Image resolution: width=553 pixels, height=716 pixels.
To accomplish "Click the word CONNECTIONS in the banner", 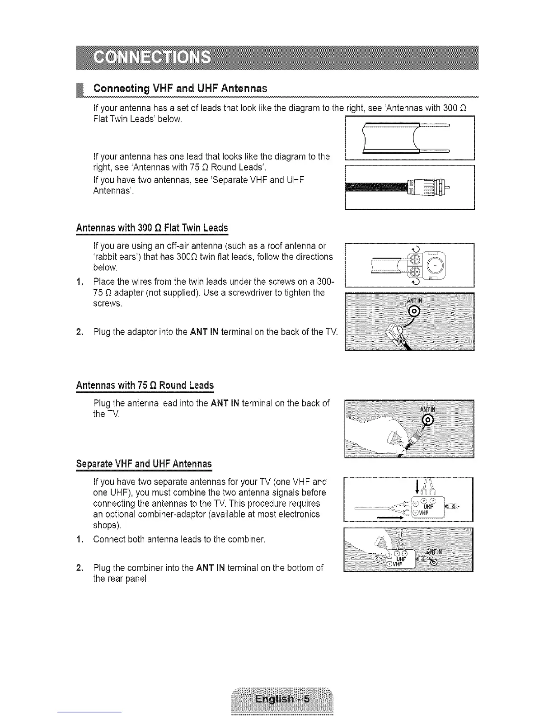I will (x=152, y=58).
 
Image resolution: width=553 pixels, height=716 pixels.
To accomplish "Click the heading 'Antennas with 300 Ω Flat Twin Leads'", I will (x=152, y=227).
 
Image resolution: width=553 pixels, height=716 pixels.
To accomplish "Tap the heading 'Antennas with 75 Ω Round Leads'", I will (x=145, y=386).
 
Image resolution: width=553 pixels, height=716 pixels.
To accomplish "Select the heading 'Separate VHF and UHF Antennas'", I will (x=144, y=464).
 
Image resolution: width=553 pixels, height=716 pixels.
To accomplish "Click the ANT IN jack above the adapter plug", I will (x=414, y=311).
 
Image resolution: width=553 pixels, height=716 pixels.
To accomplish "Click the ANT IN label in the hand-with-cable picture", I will (x=428, y=410).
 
